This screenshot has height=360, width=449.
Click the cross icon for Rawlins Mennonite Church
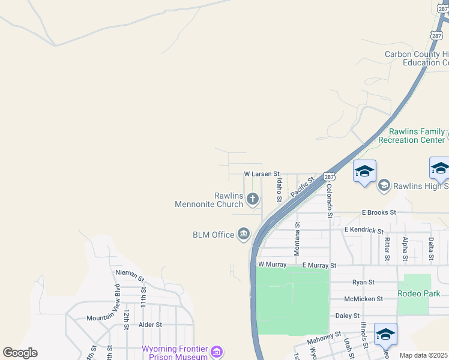[253, 199]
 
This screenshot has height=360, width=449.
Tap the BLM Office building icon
[244, 234]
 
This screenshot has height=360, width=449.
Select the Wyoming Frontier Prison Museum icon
[217, 351]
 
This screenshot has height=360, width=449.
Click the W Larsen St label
[262, 173]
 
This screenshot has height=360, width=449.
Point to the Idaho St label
[279, 189]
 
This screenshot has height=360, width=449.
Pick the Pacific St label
[303, 187]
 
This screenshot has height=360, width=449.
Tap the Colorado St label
[330, 200]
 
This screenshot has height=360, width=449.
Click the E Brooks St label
[379, 212]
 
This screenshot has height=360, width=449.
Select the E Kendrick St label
[364, 230]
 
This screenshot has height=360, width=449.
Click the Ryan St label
[364, 282]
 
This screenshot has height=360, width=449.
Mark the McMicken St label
[364, 299]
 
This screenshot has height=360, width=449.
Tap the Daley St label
[348, 316]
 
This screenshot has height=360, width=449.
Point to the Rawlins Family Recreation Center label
[417, 136]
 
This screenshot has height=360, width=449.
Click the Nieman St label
[130, 275]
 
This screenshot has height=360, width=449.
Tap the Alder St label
[150, 325]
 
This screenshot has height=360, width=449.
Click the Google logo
[20, 352]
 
